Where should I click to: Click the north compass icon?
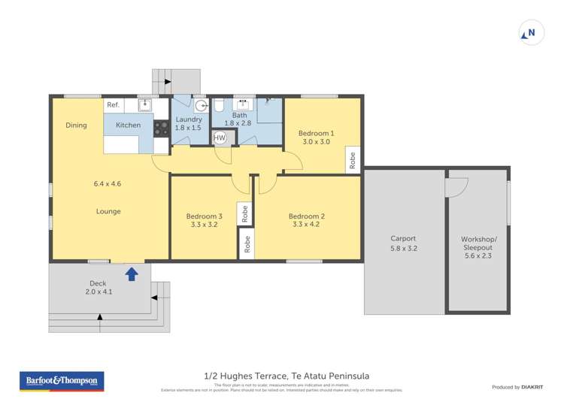click(531, 33)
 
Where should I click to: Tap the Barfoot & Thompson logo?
click(62, 381)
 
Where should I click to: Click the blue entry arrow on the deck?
click(132, 273)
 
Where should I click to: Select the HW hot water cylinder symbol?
click(220, 138)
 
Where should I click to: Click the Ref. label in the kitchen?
click(113, 105)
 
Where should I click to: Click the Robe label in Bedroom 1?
click(352, 160)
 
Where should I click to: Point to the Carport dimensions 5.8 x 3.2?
click(403, 249)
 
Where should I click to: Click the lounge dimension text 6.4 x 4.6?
click(108, 183)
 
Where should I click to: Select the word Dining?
click(76, 125)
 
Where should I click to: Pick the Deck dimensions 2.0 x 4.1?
click(98, 292)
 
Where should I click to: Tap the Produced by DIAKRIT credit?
click(517, 387)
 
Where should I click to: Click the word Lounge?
click(108, 211)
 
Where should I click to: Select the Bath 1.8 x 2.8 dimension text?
click(239, 124)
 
